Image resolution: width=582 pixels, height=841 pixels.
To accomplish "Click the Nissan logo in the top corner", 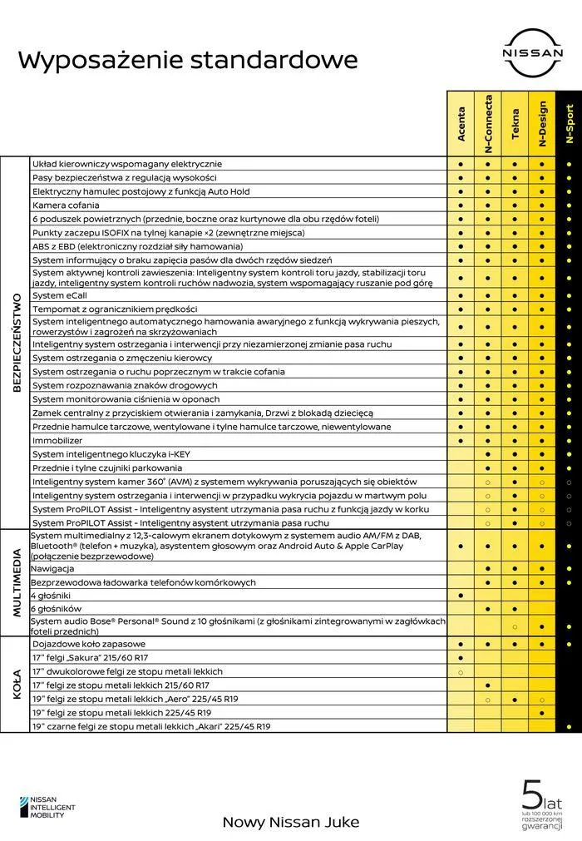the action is [x=531, y=52].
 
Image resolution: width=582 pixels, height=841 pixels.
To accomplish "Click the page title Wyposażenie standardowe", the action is [x=188, y=60].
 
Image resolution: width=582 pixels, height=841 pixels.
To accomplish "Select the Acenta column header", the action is [x=461, y=124].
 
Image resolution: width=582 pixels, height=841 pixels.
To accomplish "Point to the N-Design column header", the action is [x=542, y=124].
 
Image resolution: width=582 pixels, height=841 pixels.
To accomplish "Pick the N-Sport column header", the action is [x=569, y=124].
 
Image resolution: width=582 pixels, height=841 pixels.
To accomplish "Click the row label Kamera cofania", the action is [x=66, y=205].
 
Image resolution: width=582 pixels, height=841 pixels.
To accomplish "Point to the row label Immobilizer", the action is [x=57, y=440].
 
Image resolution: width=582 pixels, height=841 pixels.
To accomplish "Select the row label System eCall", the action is [x=60, y=295].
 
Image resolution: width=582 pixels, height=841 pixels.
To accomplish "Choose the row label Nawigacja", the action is [x=53, y=569].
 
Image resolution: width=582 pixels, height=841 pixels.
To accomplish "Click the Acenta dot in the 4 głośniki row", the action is [x=461, y=596].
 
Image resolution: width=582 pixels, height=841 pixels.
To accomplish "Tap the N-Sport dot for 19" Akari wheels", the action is [x=569, y=726].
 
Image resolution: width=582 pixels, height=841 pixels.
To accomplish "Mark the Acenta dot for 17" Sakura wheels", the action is [x=461, y=658].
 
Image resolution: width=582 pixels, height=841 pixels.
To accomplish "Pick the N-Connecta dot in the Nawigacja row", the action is [x=488, y=569].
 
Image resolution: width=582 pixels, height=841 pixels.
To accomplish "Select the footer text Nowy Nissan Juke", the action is [x=291, y=822].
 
